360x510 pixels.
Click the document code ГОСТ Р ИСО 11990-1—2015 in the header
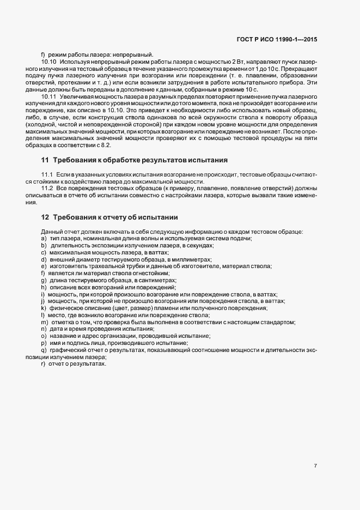(x=285, y=39)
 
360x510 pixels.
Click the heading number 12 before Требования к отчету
(x=45, y=217)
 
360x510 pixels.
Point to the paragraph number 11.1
(x=47, y=173)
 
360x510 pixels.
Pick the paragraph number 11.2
(x=47, y=187)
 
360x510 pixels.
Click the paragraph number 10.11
(x=49, y=96)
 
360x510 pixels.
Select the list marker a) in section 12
(x=43, y=238)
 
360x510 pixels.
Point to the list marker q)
(x=43, y=350)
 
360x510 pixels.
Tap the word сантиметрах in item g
(x=149, y=280)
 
